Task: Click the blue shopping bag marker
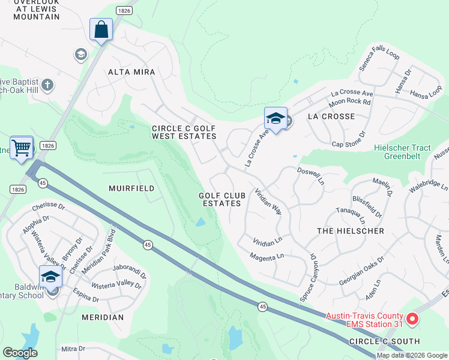[x=101, y=29]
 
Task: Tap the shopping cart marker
[x=22, y=146]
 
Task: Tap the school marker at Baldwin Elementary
[x=51, y=277]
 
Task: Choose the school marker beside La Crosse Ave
[x=276, y=118]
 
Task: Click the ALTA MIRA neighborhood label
[x=131, y=72]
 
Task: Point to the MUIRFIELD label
[x=131, y=188]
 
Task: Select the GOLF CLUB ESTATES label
[x=221, y=200]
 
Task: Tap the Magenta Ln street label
[x=267, y=257]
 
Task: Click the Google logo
[x=20, y=353]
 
